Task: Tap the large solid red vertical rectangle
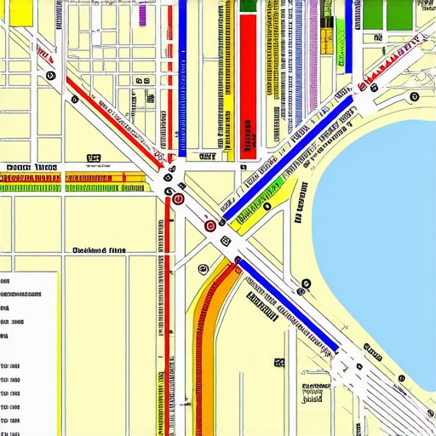[x=248, y=85]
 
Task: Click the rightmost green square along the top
[x=399, y=14]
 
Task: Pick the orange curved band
[x=209, y=341]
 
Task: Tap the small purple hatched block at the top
[x=142, y=11]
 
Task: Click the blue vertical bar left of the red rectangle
[x=182, y=77]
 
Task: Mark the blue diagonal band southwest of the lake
[x=290, y=307]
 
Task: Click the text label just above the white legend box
[x=100, y=250]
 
